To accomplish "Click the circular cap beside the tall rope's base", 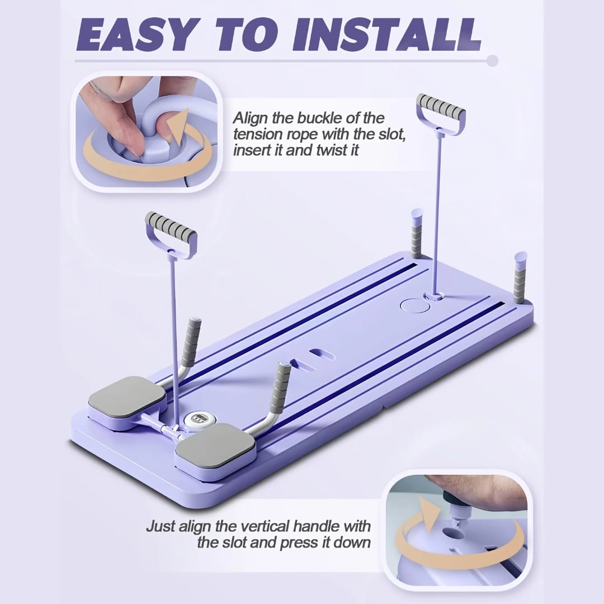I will click(413, 305).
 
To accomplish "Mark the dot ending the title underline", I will click(492, 60).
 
